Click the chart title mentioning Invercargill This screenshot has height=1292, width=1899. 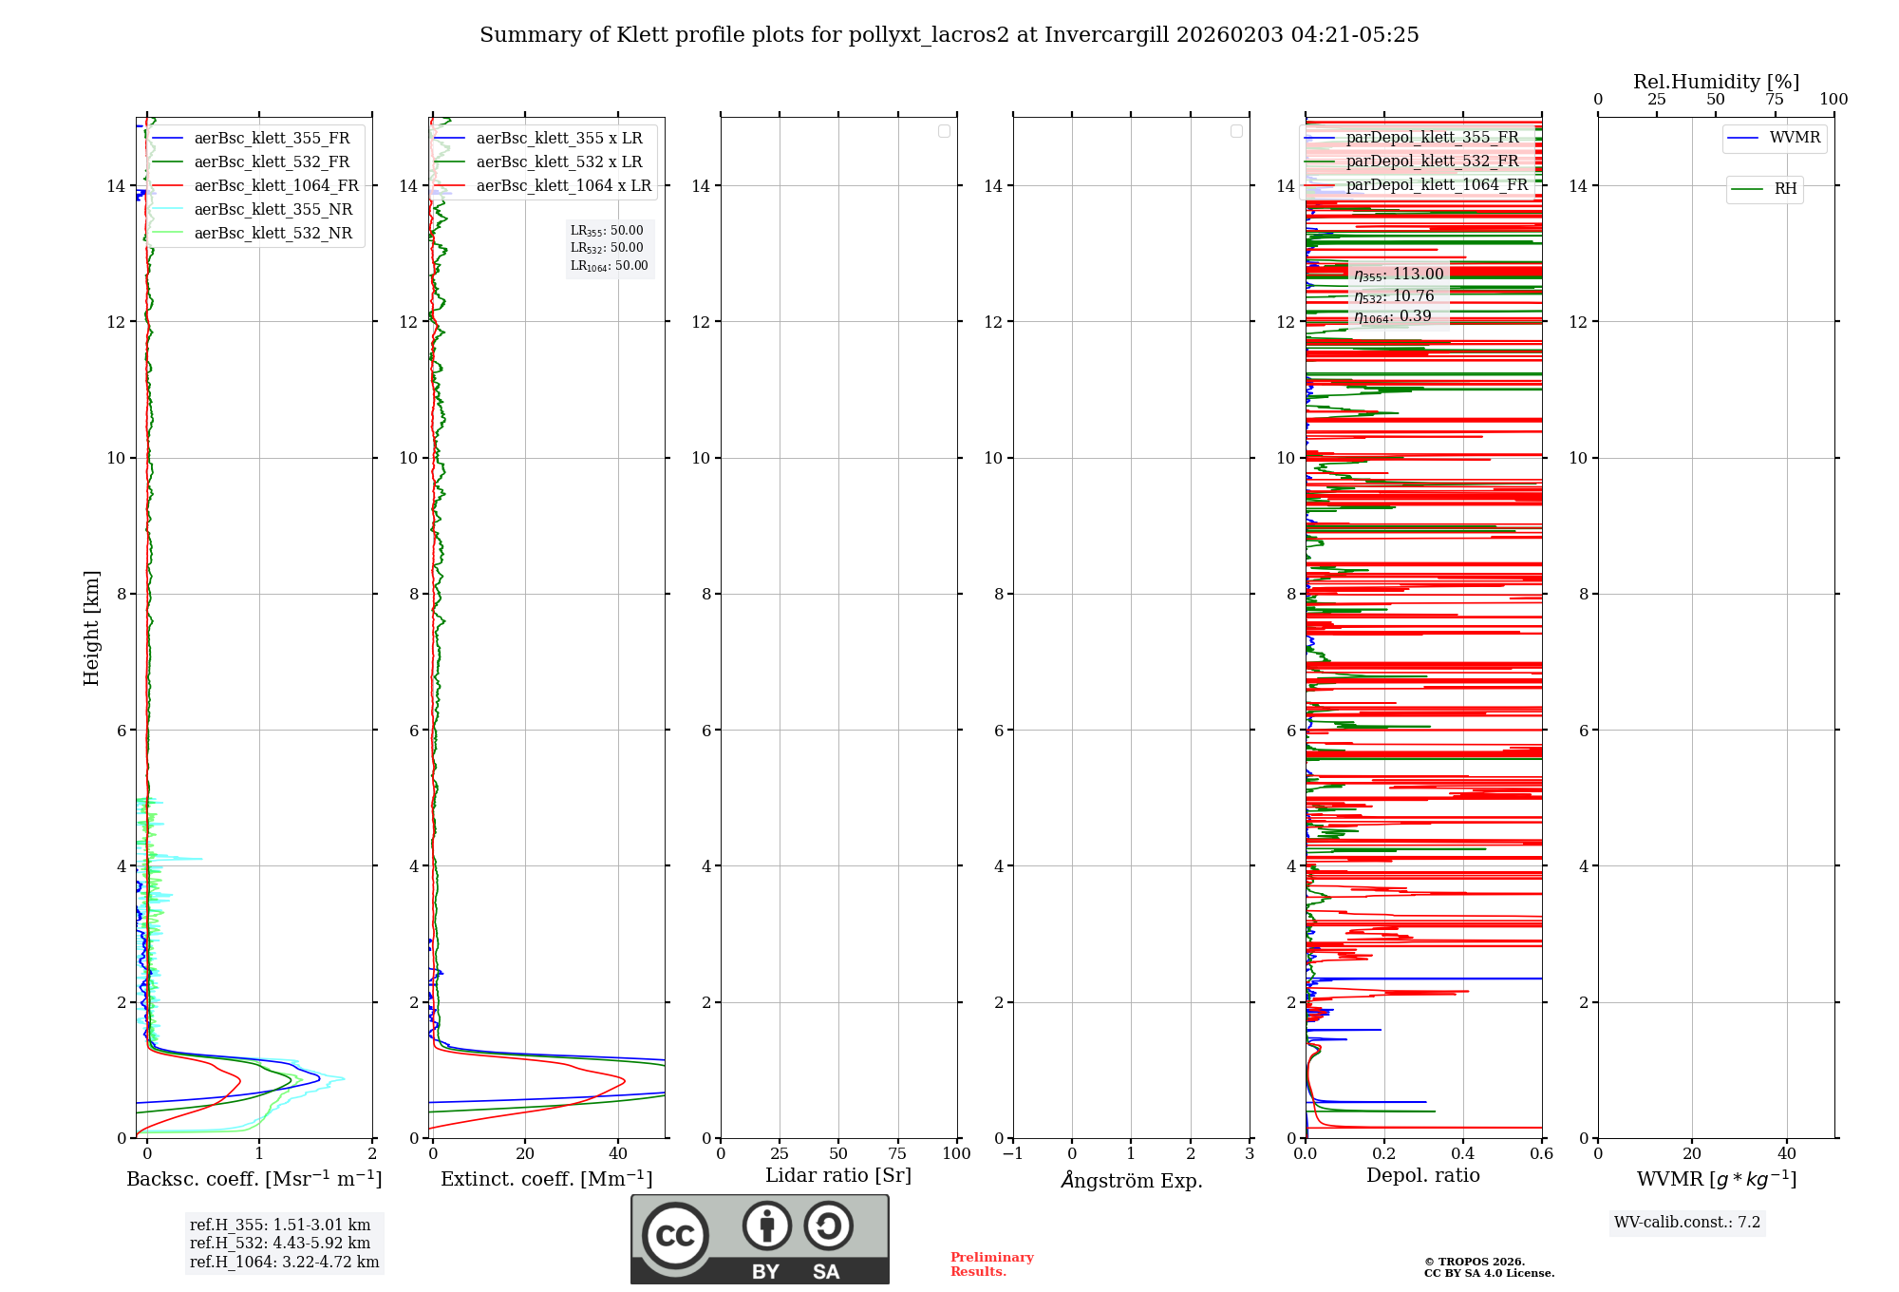click(949, 35)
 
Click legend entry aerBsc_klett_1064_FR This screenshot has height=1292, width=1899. click(275, 186)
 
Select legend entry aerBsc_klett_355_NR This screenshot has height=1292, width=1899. click(273, 210)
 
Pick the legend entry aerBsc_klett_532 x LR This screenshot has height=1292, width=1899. click(558, 162)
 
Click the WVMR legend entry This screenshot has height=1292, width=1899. click(1794, 138)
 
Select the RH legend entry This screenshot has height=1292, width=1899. click(1785, 189)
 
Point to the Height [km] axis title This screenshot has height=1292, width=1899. click(91, 628)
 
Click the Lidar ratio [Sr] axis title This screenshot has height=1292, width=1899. click(838, 1176)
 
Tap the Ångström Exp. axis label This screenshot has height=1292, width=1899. click(1131, 1181)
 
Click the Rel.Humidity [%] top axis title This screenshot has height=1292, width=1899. click(1716, 82)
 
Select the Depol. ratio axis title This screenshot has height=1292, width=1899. click(1422, 1176)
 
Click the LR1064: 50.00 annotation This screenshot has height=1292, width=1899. click(609, 266)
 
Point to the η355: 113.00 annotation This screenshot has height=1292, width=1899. click(1399, 275)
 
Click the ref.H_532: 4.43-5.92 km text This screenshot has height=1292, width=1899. click(280, 1244)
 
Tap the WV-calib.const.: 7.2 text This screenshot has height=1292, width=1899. click(1687, 1223)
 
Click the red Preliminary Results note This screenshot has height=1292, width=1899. click(991, 1264)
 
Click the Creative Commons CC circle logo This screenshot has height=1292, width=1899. click(675, 1236)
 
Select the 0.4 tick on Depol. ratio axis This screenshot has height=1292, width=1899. click(1463, 1154)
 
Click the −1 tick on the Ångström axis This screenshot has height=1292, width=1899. click(1013, 1154)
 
